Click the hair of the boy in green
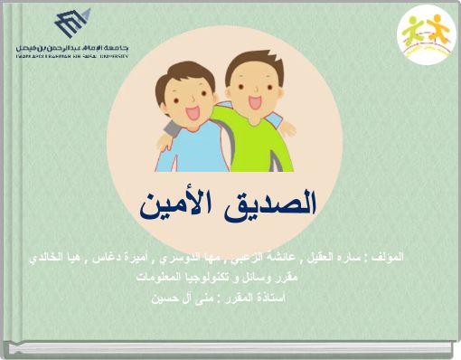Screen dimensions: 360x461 248,63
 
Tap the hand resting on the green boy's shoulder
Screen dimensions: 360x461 288,126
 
